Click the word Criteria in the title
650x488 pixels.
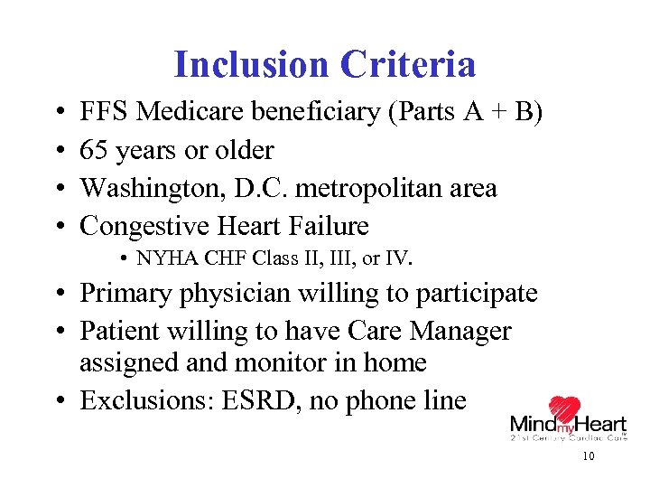click(408, 64)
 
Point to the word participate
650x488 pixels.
click(475, 294)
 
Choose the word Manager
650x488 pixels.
click(460, 332)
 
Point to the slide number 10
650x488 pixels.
click(589, 457)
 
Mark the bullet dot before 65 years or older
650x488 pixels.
click(57, 151)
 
